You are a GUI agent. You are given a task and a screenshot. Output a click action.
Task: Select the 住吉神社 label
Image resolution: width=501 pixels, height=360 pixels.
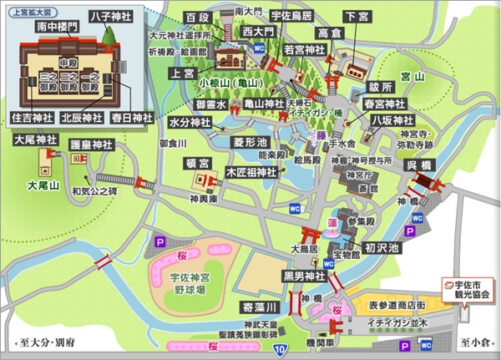(28, 118)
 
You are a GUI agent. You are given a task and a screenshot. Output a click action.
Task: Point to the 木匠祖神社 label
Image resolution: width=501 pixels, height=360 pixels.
(251, 172)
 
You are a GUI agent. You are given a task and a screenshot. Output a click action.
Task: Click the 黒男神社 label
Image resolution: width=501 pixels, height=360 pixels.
(303, 276)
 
